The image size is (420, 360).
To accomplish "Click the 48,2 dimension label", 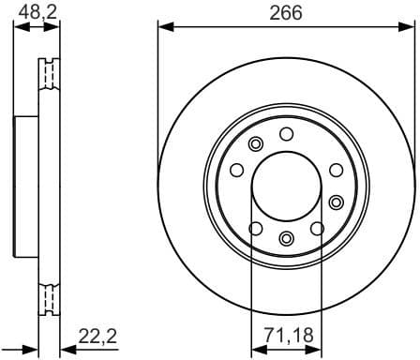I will (37, 13).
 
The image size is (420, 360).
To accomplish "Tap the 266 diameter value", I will (287, 13).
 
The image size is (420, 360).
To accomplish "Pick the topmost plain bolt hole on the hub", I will (287, 132).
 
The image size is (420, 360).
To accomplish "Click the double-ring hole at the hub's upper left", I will (255, 143).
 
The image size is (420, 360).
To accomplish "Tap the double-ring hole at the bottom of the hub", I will (286, 237).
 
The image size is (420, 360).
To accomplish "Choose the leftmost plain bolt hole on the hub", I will (236, 170).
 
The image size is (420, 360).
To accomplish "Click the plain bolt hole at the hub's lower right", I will (318, 228).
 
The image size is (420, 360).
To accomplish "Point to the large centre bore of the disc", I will (286, 185).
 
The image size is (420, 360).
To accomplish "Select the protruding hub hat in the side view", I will (25, 185).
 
